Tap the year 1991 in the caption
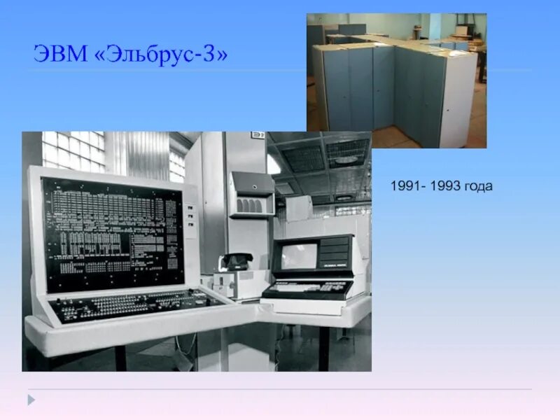[x=404, y=187]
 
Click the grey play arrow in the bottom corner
[x=31, y=400]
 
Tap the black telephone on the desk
[x=236, y=262]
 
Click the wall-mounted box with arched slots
[x=251, y=195]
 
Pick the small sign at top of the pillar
[x=258, y=136]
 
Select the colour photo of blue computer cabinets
[x=396, y=80]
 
